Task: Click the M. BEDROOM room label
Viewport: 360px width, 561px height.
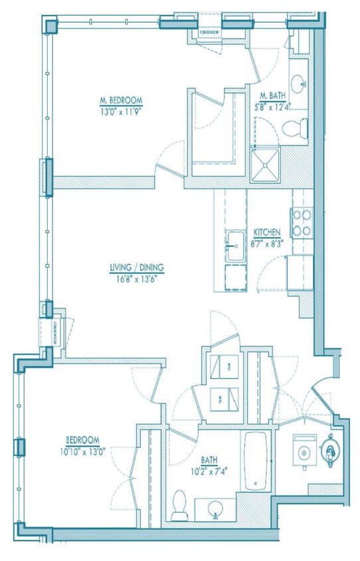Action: point(121,101)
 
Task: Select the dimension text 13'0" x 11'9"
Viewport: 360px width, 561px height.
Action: point(121,111)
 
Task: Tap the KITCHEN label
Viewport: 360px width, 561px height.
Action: point(267,233)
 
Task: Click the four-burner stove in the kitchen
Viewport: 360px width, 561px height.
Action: point(301,223)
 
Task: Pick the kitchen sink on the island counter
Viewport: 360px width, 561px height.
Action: point(235,246)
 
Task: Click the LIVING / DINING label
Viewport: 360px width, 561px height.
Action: point(137,269)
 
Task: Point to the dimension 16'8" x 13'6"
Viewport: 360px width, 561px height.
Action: point(137,279)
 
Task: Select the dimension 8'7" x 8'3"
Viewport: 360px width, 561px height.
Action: point(267,243)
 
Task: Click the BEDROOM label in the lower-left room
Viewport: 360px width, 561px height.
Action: point(83,440)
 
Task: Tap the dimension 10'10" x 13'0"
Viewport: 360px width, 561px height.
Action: point(83,450)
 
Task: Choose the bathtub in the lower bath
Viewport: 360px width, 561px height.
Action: point(256,461)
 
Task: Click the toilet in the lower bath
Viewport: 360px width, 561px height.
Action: point(179,505)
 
